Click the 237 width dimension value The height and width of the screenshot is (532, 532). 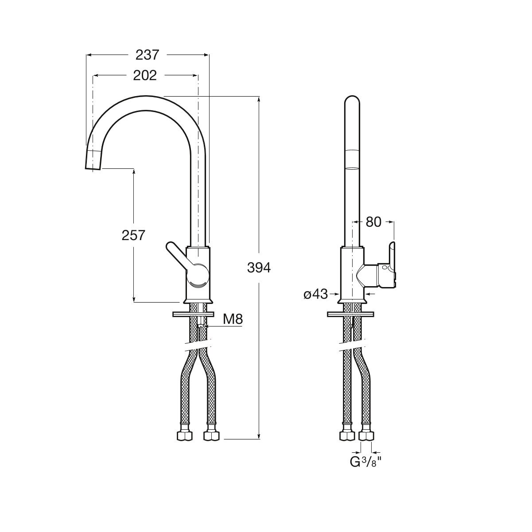(x=147, y=54)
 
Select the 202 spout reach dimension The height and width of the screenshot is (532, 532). (x=145, y=75)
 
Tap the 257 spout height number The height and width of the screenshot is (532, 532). (x=133, y=235)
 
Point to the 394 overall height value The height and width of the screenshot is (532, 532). (x=259, y=268)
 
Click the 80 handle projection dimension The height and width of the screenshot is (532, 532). (x=373, y=221)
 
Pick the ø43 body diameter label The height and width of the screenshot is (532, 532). (x=315, y=294)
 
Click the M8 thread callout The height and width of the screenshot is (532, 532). (x=233, y=319)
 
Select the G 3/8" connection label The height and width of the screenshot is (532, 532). (x=366, y=462)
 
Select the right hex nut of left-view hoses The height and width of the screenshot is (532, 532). (x=211, y=435)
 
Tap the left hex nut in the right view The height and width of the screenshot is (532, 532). (x=347, y=435)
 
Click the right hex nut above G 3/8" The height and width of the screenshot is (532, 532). (x=366, y=435)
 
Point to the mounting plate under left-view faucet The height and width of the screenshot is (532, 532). (x=193, y=314)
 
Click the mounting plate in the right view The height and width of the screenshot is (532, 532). (x=350, y=314)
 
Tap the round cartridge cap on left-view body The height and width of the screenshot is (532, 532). (x=198, y=275)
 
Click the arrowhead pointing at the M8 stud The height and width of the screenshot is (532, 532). (x=207, y=326)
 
